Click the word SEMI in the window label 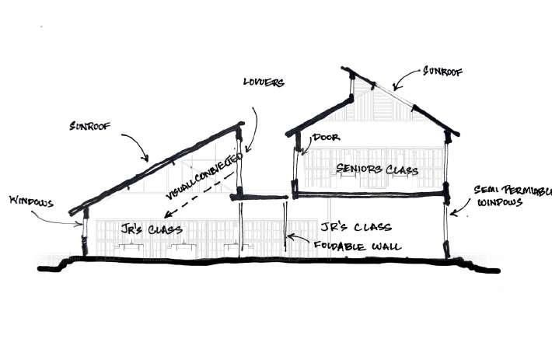pyautogui.click(x=491, y=190)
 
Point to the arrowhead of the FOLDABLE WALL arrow pyautogui.click(x=289, y=234)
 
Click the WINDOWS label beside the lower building pyautogui.click(x=30, y=201)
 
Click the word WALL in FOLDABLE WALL pyautogui.click(x=386, y=247)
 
